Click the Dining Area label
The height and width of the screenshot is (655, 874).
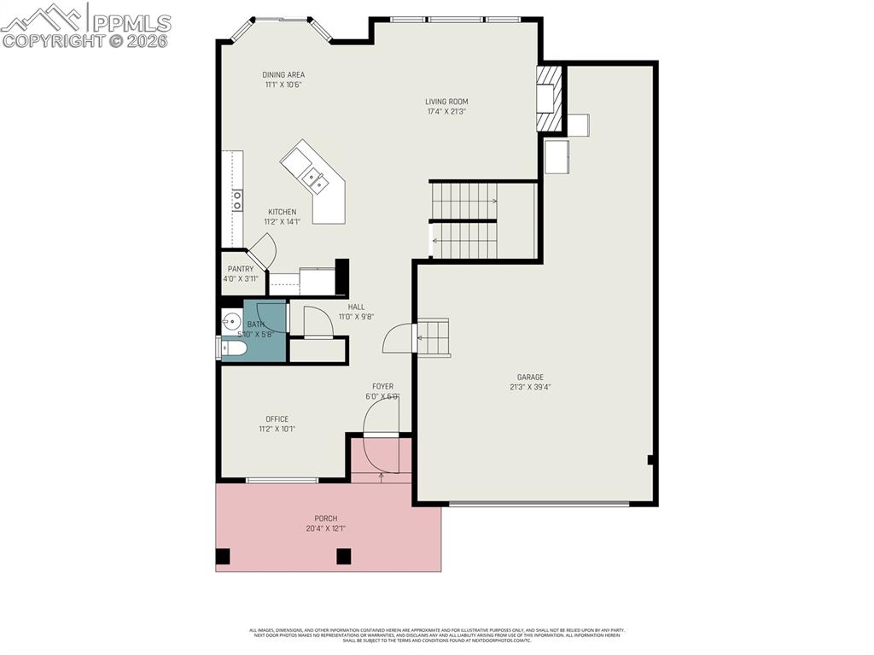click(283, 75)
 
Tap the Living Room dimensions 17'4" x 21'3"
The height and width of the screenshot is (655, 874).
click(446, 111)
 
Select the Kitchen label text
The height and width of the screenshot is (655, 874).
click(283, 212)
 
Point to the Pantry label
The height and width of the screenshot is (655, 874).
click(241, 269)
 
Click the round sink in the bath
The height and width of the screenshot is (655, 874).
click(231, 322)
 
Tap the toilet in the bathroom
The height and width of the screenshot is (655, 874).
click(232, 348)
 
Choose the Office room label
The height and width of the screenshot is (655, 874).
click(277, 419)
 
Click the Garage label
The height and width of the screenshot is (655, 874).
click(530, 377)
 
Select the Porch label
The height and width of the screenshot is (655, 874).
click(325, 518)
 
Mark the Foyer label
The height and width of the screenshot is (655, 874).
click(382, 387)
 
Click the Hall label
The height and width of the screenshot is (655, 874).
click(356, 307)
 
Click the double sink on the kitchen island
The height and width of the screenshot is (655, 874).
click(315, 178)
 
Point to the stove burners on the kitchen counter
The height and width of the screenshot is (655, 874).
click(236, 200)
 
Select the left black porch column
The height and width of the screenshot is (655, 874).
click(223, 557)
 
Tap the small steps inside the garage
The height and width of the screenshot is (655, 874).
click(433, 337)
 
